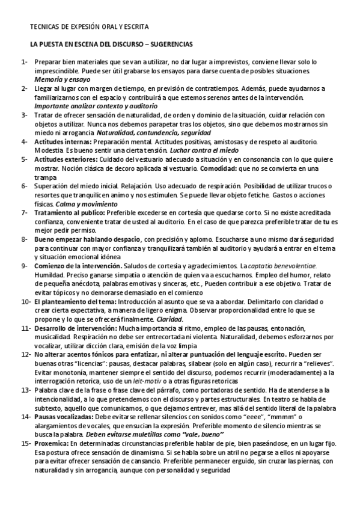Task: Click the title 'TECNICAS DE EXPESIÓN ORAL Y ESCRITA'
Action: (90, 28)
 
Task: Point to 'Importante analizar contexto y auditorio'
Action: (88, 105)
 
